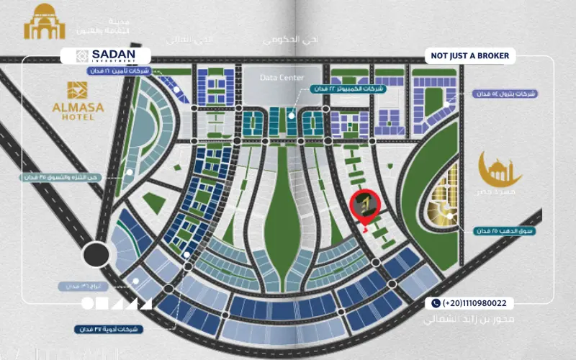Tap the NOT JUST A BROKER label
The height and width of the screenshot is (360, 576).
tap(469, 55)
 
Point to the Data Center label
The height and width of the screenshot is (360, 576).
tap(282, 78)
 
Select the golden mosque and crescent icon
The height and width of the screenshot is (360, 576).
tap(501, 168)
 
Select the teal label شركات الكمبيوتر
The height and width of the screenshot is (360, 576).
tap(348, 88)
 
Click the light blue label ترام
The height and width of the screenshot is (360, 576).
tap(76, 286)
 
